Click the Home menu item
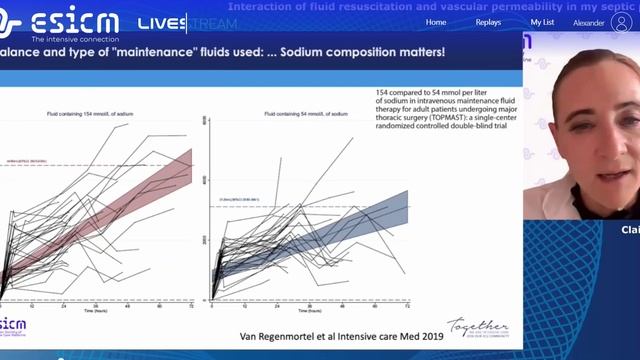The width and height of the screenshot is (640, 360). (x=436, y=21)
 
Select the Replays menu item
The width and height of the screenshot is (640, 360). (x=487, y=21)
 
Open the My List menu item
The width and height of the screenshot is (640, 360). (x=542, y=21)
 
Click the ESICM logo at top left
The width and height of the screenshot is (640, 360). (x=60, y=22)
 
